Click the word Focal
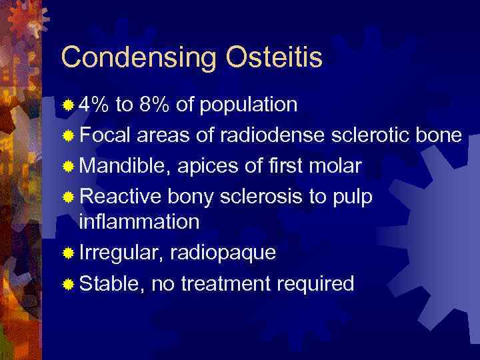(x=106, y=135)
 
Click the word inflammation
(x=139, y=221)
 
